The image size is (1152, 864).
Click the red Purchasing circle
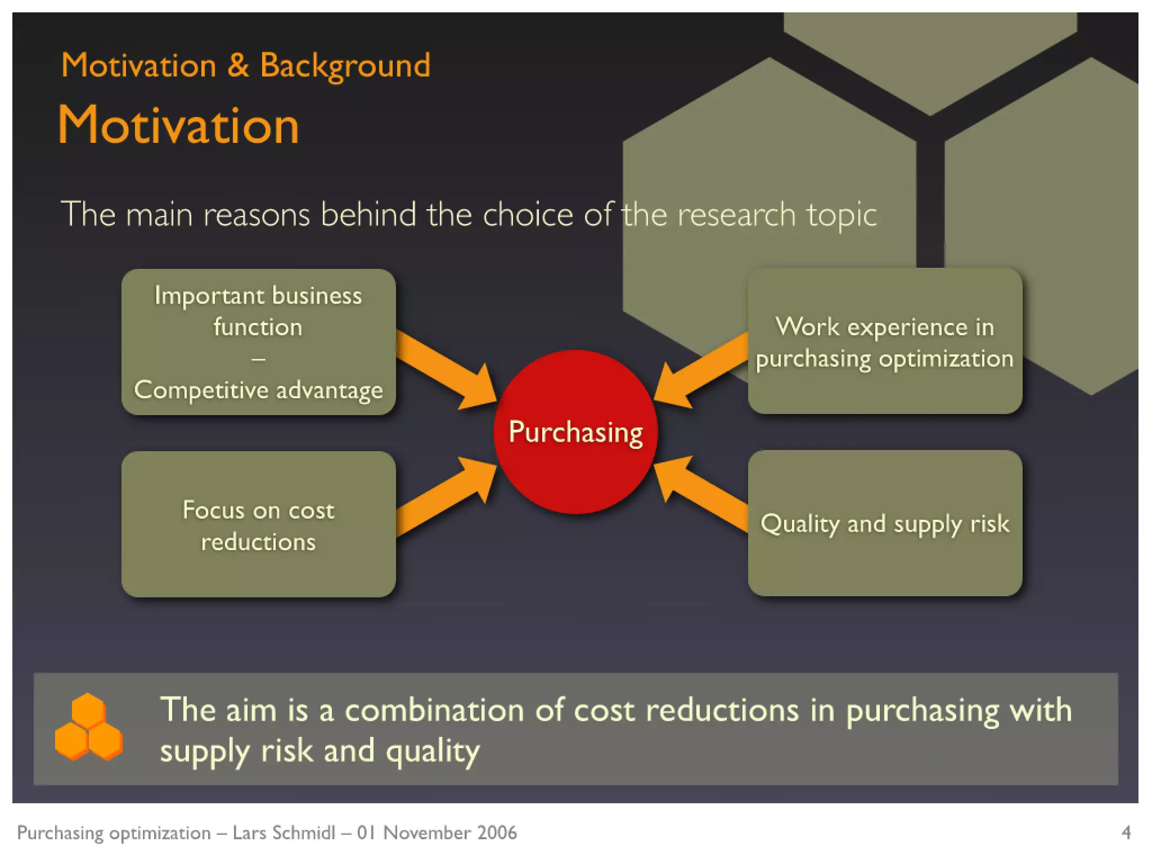(x=575, y=432)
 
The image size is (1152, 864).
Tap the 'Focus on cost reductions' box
(x=258, y=525)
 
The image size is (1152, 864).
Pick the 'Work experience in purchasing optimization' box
(x=885, y=341)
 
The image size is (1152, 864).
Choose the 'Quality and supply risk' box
(x=885, y=524)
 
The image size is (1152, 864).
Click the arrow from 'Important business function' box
(x=444, y=368)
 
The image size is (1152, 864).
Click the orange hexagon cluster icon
(x=88, y=727)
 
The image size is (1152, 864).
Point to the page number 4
(x=1126, y=832)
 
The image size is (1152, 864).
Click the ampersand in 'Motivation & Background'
(x=238, y=65)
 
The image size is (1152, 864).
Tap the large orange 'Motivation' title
(x=178, y=126)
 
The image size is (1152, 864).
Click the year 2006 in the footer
(x=497, y=832)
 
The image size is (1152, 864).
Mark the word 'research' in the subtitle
(x=736, y=215)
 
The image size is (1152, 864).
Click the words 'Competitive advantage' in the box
(x=258, y=390)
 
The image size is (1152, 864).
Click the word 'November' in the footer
(x=427, y=832)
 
